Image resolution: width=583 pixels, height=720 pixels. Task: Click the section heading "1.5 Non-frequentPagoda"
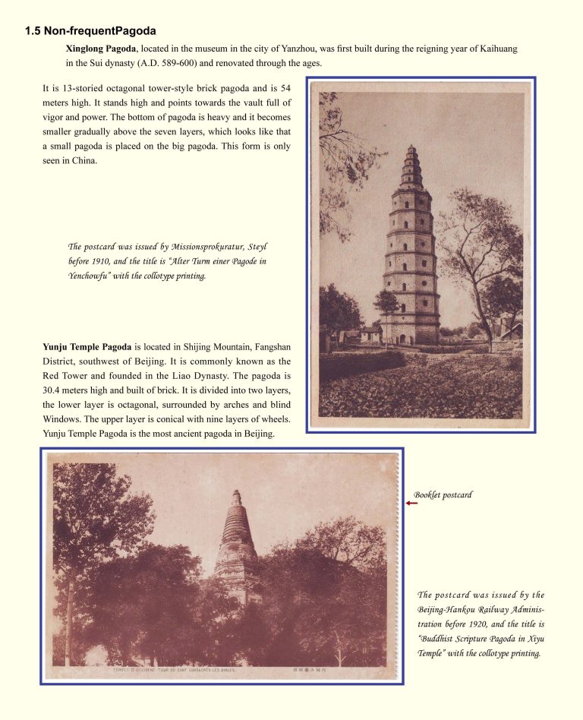(x=90, y=31)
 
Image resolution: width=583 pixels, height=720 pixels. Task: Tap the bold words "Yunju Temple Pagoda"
(x=87, y=347)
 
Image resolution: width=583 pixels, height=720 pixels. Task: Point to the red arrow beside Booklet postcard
(x=411, y=503)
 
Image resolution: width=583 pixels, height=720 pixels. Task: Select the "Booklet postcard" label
(x=443, y=494)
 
